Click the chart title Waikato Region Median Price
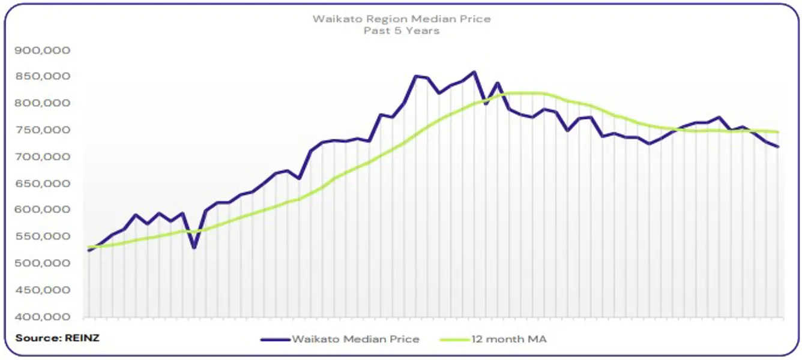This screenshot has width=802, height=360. click(x=401, y=19)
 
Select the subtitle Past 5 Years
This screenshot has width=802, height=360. click(x=401, y=30)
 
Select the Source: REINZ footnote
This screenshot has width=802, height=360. click(x=57, y=338)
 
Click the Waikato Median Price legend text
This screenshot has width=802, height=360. click(x=355, y=340)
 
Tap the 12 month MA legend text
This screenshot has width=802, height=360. click(x=508, y=340)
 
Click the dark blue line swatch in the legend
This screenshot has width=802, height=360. click(x=275, y=340)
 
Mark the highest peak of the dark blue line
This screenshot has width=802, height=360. click(x=474, y=72)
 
